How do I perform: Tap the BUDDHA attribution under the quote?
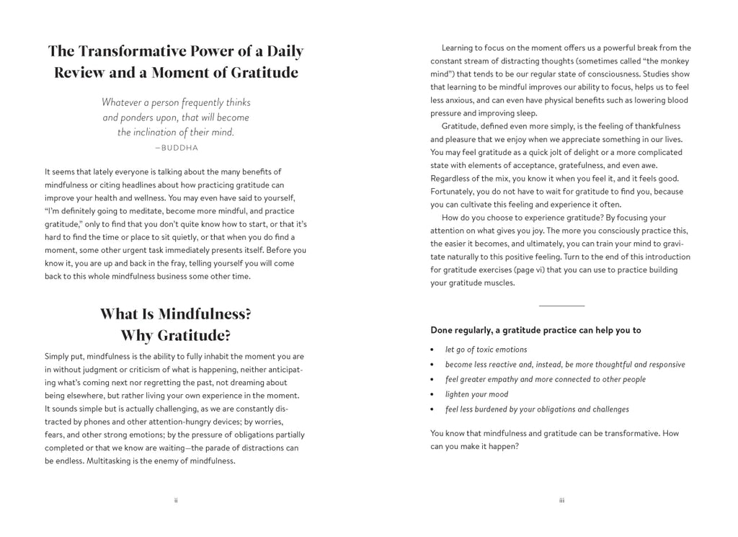176,148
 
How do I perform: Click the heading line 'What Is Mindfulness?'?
176,314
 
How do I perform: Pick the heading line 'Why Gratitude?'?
176,336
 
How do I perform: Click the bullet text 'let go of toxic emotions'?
486,350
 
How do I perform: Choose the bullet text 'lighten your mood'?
476,394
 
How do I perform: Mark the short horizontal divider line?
561,306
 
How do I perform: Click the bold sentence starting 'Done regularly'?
535,330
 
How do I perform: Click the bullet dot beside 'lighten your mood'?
432,395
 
